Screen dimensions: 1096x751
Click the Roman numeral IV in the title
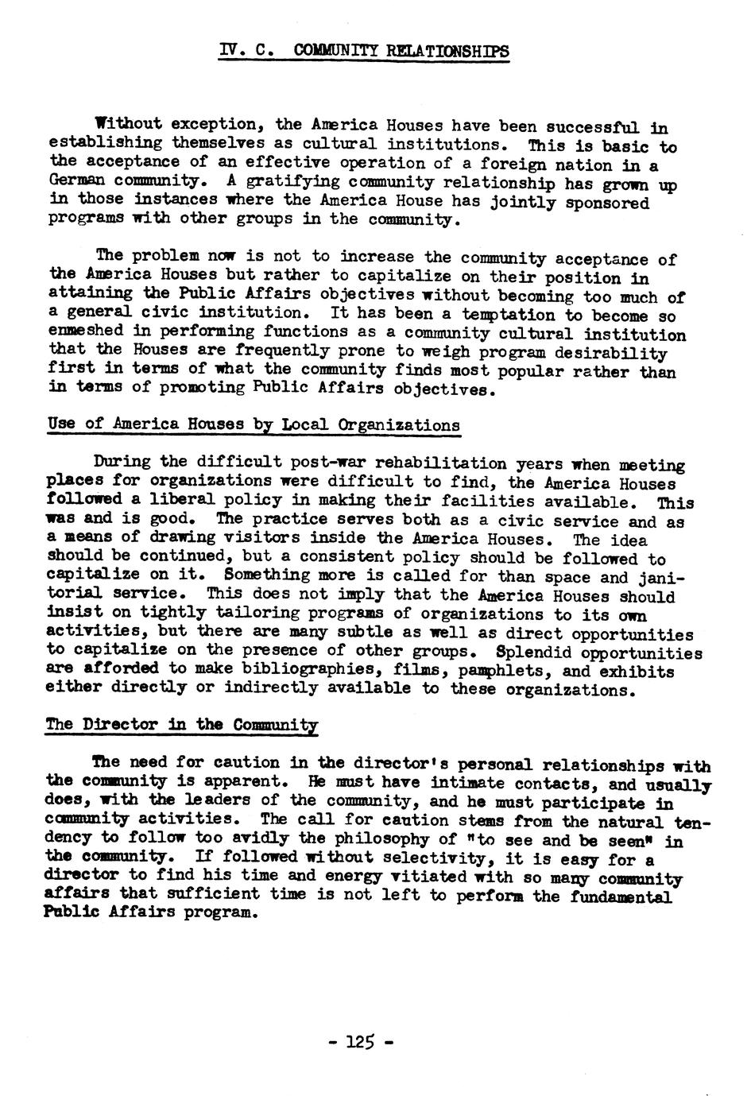(229, 51)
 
